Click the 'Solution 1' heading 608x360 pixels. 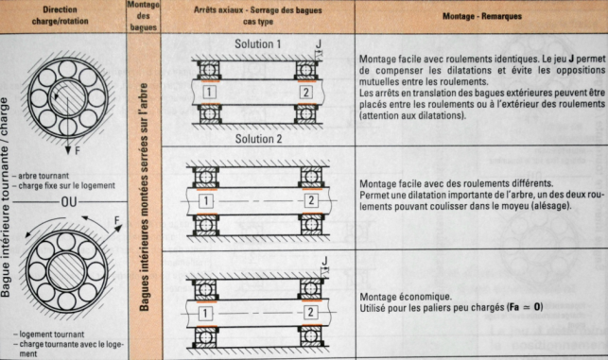coord(258,44)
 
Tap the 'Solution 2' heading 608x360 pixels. coord(259,139)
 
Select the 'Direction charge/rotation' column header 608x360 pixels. coord(61,15)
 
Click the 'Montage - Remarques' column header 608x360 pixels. coord(482,16)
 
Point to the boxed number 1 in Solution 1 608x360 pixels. coord(209,93)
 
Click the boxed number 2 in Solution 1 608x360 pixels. coord(306,93)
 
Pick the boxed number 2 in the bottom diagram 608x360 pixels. coord(310,312)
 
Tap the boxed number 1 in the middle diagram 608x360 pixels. coord(206,200)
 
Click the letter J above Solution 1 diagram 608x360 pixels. coord(319,43)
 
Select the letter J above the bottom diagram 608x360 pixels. coord(325,261)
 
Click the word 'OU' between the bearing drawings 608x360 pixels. coord(69,202)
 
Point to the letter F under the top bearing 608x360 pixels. coord(78,150)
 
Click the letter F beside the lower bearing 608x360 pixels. coord(116,220)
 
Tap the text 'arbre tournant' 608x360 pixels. coord(43,176)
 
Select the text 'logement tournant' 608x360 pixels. coord(52,334)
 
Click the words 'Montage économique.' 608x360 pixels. coord(406,297)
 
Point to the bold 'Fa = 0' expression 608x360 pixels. coord(526,308)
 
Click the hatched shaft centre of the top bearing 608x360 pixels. coord(68,98)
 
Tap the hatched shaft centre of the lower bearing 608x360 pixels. coord(67,271)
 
